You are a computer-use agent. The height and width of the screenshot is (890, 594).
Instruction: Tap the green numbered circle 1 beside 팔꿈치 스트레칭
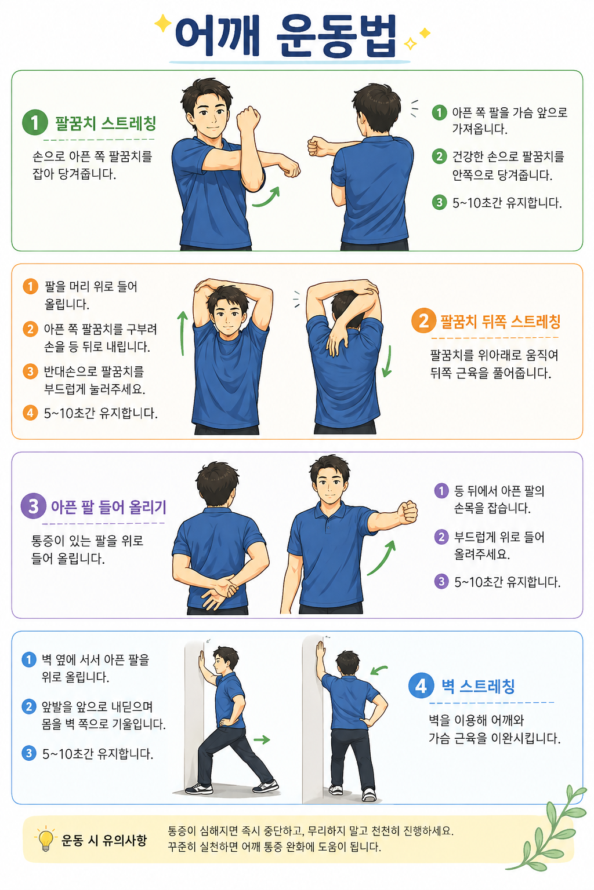[35, 122]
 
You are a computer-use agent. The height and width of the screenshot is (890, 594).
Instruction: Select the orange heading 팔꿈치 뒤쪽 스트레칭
[500, 322]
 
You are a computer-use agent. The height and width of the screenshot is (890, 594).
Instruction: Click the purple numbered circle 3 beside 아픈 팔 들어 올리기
[34, 506]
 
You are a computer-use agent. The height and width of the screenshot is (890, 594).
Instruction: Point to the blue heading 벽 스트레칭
[478, 686]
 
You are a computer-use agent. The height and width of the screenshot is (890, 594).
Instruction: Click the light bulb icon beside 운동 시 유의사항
[46, 839]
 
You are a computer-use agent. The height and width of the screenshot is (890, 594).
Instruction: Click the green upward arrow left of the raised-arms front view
[182, 333]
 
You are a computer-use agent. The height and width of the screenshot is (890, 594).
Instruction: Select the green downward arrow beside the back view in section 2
[387, 361]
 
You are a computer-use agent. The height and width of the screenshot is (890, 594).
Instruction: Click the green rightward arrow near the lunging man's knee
[262, 739]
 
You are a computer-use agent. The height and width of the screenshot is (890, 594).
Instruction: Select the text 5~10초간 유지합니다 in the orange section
[101, 414]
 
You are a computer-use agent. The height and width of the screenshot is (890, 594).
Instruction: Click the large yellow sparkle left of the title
[163, 23]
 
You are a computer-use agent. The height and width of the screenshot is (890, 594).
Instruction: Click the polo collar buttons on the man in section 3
[327, 524]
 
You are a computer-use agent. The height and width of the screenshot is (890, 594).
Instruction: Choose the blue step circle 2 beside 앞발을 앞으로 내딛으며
[28, 707]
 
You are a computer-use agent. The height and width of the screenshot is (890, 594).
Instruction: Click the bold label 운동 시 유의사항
[104, 840]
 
